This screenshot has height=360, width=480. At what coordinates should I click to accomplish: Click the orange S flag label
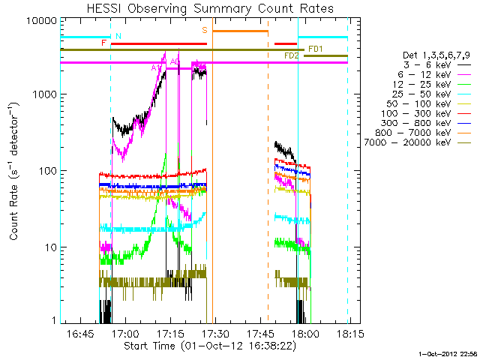point(204,30)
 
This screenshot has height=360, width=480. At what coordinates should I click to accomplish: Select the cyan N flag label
point(118,36)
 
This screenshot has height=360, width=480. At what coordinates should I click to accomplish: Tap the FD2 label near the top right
point(292,55)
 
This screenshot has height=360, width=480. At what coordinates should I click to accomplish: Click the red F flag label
point(103,43)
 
